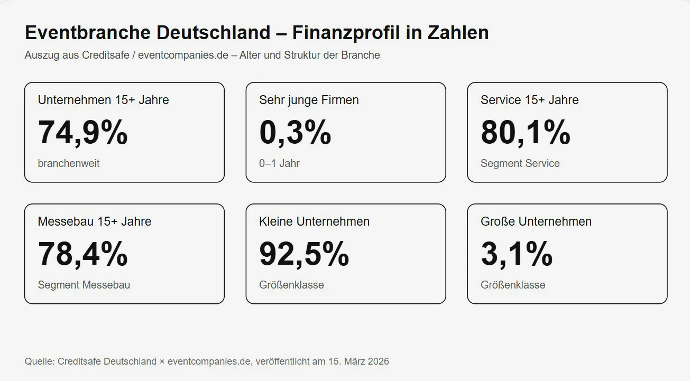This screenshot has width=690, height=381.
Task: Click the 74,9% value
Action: (x=82, y=132)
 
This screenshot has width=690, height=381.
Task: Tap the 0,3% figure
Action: (x=295, y=132)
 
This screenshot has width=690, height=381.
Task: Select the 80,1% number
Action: (x=525, y=132)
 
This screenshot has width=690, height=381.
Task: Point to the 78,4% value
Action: (x=82, y=254)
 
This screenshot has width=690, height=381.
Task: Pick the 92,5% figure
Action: (x=304, y=254)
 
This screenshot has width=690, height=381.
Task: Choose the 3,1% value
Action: (x=517, y=254)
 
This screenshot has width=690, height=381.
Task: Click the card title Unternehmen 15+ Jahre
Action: (x=103, y=100)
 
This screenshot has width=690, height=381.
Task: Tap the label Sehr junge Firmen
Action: (x=309, y=100)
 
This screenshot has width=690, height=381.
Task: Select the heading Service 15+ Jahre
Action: (x=529, y=100)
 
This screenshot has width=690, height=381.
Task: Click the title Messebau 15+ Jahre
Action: (x=95, y=221)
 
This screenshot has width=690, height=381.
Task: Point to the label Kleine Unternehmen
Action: (x=314, y=221)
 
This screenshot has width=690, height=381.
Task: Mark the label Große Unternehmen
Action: (x=536, y=221)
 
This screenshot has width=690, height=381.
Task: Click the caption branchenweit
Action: (x=69, y=163)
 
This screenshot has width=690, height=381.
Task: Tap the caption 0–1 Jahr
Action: (x=279, y=163)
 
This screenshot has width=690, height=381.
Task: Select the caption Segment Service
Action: (x=520, y=163)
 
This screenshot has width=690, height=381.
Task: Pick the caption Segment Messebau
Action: (x=84, y=285)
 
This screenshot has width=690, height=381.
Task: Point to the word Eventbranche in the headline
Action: (x=88, y=33)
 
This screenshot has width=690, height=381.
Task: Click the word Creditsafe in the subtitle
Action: (x=107, y=55)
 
